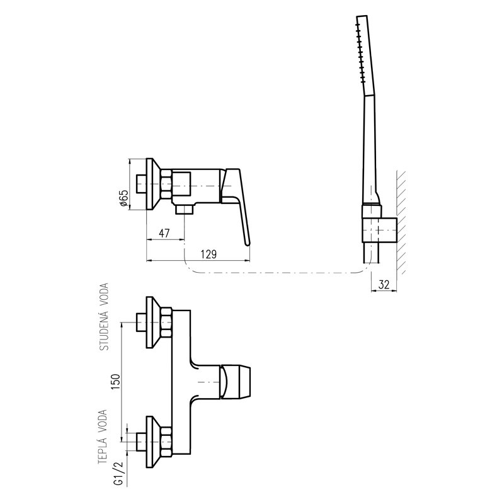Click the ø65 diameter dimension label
[124, 198]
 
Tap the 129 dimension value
[208, 254]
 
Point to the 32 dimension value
[384, 285]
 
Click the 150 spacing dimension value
[115, 382]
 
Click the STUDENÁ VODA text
[105, 316]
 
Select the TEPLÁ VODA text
[103, 437]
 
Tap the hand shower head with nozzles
[364, 56]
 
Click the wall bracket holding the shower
[379, 230]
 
